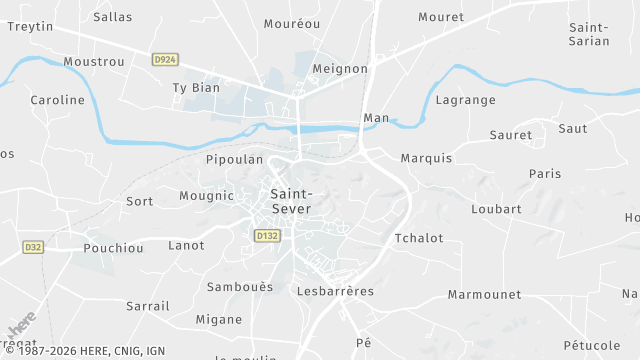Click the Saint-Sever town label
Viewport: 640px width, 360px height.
click(291, 201)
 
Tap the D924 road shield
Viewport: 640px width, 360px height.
click(165, 60)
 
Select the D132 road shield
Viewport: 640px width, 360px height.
click(266, 236)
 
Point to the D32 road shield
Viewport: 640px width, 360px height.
click(33, 246)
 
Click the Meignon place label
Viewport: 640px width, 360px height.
click(340, 69)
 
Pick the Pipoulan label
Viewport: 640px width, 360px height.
click(234, 159)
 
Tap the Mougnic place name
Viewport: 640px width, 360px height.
click(206, 196)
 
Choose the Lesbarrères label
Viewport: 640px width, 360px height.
click(335, 291)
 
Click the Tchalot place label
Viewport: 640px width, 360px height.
click(419, 238)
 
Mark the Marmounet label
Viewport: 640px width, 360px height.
click(484, 295)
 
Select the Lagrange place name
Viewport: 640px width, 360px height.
click(466, 100)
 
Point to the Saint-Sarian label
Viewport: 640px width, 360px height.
click(589, 34)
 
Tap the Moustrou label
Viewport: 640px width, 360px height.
click(93, 62)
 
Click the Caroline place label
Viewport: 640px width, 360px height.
click(57, 100)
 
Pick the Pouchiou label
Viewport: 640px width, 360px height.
click(113, 248)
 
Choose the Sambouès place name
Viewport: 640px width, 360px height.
click(239, 287)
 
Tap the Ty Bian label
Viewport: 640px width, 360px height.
click(196, 87)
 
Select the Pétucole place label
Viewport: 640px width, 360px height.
click(592, 345)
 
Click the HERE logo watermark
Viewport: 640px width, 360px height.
click(21, 327)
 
